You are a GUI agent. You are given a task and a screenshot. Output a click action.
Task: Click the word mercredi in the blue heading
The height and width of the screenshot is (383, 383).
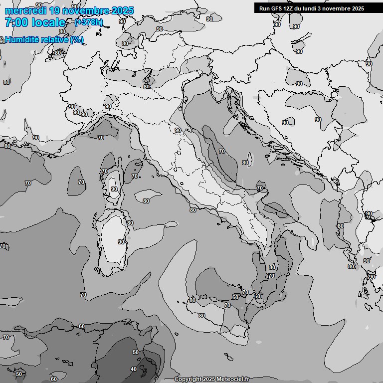25,10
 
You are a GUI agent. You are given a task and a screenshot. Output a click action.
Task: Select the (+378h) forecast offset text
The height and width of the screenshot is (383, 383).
89,22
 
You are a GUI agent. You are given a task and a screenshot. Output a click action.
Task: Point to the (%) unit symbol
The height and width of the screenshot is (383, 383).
76,40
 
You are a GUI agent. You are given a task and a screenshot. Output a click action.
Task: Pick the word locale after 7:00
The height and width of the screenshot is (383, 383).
48,22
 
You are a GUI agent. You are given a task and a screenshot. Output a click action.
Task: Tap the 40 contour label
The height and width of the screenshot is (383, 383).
133,369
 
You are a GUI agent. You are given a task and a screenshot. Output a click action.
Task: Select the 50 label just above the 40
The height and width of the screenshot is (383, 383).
135,353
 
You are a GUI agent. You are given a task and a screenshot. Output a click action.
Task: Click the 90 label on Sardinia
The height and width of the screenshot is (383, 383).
121,242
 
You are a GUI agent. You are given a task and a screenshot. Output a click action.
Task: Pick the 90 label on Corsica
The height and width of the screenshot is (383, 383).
114,189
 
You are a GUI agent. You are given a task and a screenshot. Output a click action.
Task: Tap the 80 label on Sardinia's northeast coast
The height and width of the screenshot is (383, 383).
130,223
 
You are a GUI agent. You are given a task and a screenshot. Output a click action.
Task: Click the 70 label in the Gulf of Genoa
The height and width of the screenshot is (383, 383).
101,138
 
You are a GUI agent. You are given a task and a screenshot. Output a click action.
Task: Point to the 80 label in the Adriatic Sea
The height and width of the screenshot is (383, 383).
245,163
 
